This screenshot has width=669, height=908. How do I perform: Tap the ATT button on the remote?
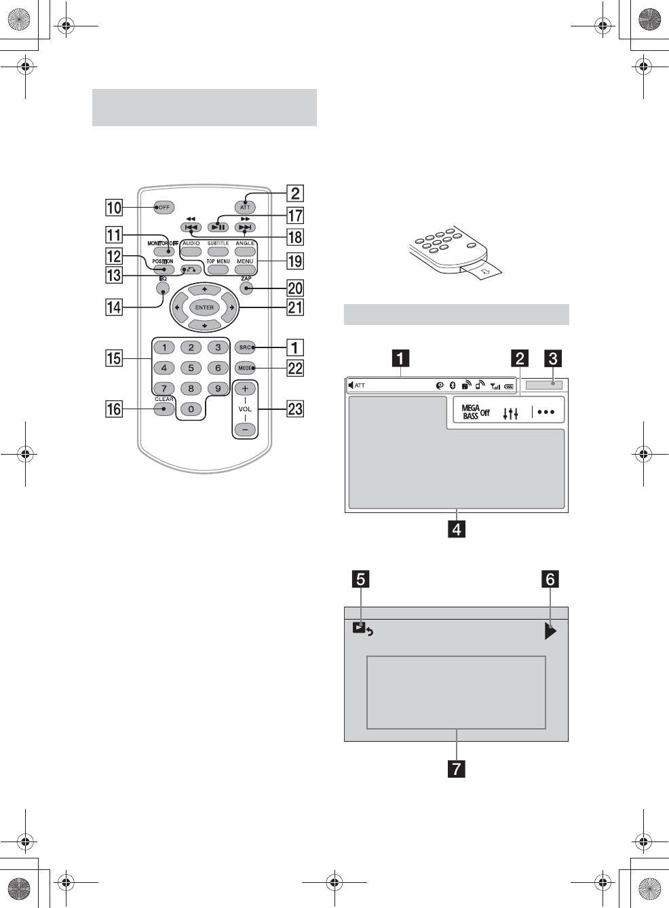245,207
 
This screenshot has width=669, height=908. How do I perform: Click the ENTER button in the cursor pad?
204,307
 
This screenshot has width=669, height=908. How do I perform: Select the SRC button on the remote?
245,347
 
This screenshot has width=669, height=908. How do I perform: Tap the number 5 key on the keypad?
191,368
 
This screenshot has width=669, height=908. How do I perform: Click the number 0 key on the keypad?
191,409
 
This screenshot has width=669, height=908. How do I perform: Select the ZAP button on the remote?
246,288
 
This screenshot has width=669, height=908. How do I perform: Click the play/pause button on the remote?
218,227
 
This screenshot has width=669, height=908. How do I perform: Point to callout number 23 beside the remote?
295,409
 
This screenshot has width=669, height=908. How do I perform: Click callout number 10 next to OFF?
114,208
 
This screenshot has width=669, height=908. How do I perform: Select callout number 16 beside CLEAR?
114,409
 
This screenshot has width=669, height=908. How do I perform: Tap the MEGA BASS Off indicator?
476,412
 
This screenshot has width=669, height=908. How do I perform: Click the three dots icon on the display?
546,412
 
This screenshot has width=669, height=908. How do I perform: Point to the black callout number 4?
457,529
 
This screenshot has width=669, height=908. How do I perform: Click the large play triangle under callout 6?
550,632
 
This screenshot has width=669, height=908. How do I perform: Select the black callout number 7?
457,769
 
